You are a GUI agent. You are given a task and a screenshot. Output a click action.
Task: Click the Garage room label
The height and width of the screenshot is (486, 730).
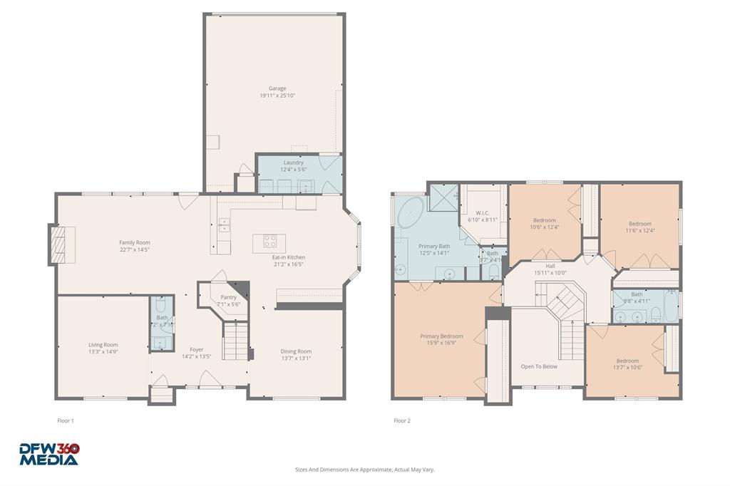pyautogui.click(x=277, y=88)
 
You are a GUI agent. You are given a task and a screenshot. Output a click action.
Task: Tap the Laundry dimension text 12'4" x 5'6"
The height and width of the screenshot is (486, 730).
pyautogui.click(x=293, y=169)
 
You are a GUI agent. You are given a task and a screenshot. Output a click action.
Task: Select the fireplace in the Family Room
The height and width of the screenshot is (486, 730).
pyautogui.click(x=61, y=244)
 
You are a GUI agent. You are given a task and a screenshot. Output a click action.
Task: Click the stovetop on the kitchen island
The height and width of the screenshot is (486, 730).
pyautogui.click(x=270, y=241)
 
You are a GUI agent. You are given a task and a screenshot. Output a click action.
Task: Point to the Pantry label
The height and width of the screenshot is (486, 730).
pyautogui.click(x=228, y=297)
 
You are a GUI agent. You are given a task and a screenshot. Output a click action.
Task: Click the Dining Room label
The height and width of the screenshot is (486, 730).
pyautogui.click(x=295, y=351)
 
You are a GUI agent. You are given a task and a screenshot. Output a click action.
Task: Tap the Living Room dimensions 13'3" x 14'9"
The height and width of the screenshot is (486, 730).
pyautogui.click(x=103, y=351)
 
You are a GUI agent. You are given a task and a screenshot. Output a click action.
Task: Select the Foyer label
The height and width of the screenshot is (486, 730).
pyautogui.click(x=196, y=349)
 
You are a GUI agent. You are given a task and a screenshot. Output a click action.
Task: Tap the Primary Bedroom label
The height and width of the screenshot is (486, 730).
pyautogui.click(x=441, y=336)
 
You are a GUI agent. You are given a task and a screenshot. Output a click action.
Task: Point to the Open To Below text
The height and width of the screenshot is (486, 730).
pyautogui.click(x=539, y=366)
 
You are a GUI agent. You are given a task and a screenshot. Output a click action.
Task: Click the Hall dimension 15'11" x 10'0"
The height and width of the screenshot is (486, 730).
pyautogui.click(x=550, y=272)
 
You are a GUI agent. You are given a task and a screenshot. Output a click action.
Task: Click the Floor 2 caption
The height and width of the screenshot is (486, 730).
pyautogui.click(x=402, y=420)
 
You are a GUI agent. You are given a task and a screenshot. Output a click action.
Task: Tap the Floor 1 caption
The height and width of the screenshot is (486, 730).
pyautogui.click(x=66, y=420)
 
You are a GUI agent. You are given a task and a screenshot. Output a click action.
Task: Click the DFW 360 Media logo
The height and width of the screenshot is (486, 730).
pyautogui.click(x=48, y=454)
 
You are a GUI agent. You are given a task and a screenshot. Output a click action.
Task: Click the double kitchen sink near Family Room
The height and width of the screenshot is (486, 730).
pyautogui.click(x=224, y=224)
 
